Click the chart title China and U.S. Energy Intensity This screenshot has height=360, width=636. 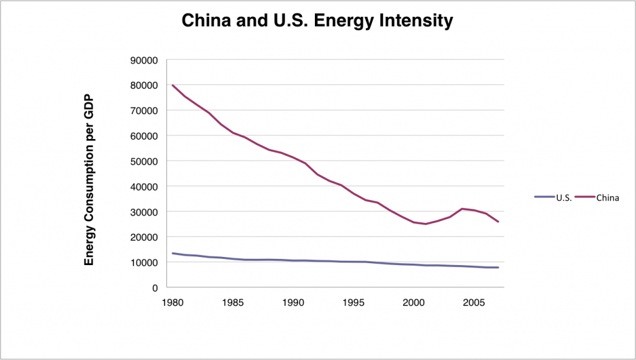317,22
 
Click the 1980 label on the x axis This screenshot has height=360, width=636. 172,303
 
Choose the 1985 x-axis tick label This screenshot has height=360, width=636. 232,303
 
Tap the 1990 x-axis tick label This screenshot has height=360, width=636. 293,303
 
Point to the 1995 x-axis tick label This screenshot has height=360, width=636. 353,303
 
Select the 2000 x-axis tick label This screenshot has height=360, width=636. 413,303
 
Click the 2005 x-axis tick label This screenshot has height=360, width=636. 474,303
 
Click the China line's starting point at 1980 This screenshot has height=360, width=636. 172,85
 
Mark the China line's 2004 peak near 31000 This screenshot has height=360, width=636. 462,209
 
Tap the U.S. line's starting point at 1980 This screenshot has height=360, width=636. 172,253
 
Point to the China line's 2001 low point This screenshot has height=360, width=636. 425,223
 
